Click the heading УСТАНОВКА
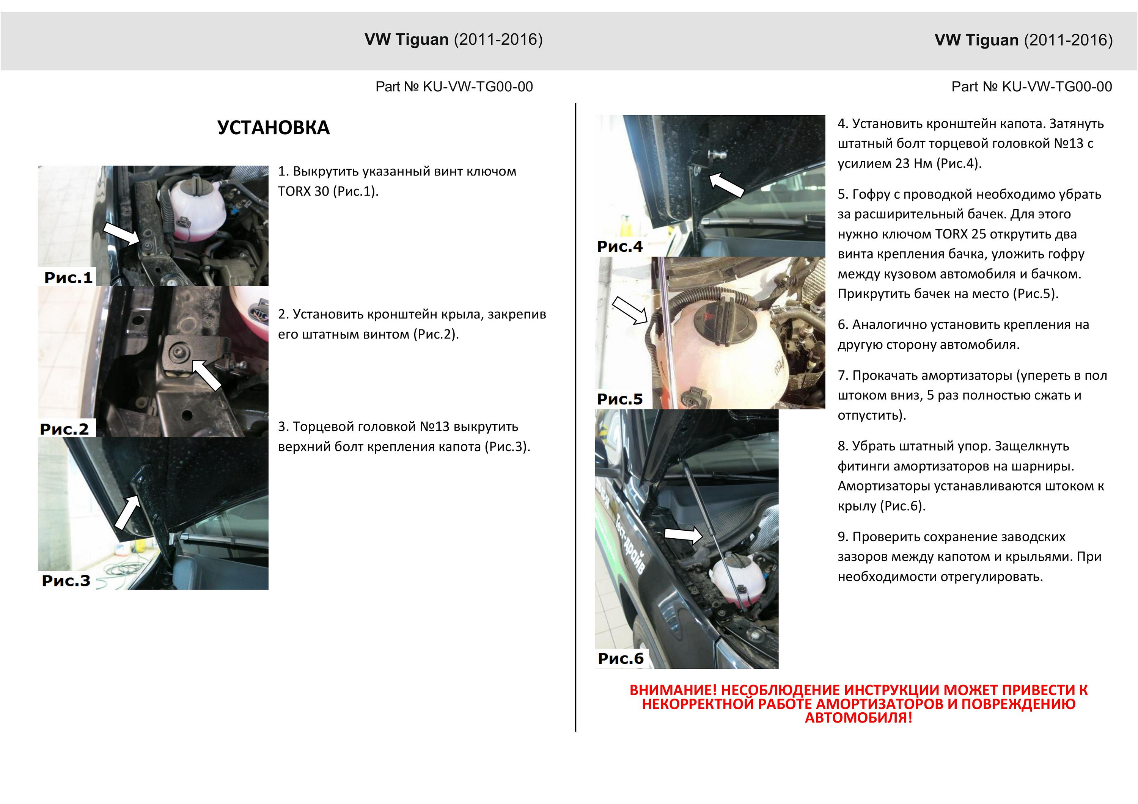coord(273,128)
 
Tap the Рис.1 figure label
coord(68,277)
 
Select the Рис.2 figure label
coord(64,429)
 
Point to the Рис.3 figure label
coord(66,581)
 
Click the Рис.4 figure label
coord(619,246)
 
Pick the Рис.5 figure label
coord(619,399)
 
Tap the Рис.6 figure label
coord(621,658)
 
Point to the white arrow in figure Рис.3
coord(127,513)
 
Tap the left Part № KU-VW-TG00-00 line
coord(454,87)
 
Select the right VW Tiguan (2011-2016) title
coord(1023,40)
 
